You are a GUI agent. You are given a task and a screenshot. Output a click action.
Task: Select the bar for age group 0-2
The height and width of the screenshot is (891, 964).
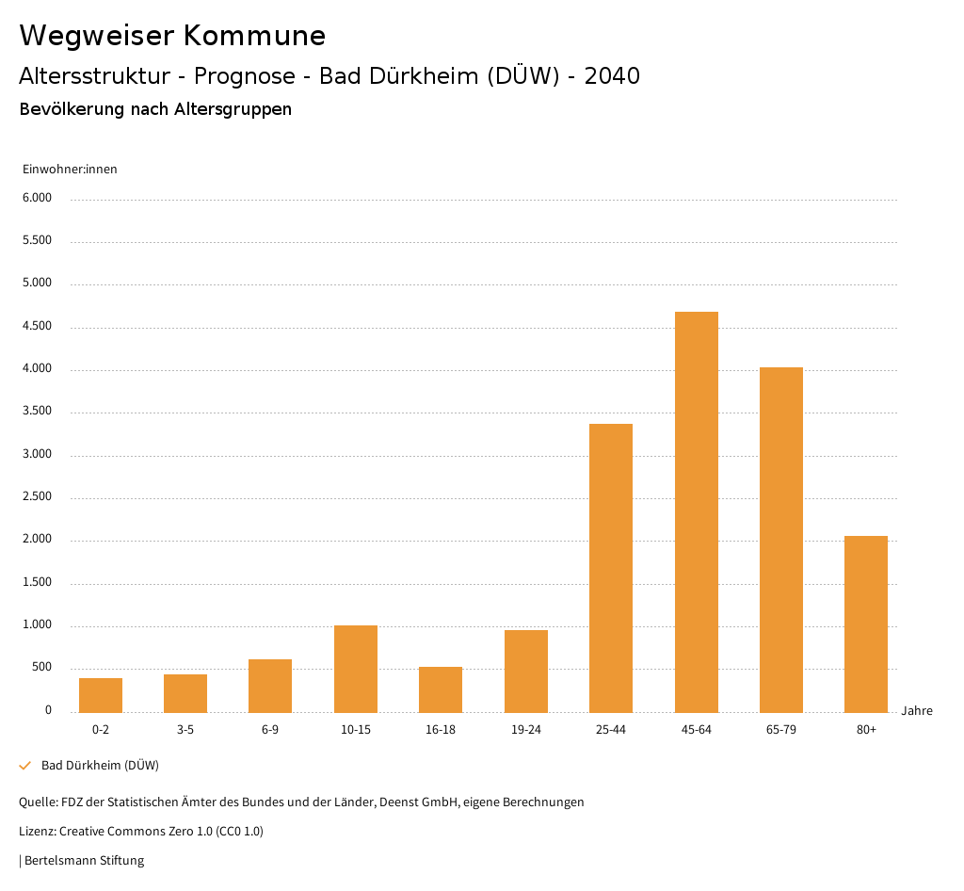[101, 695]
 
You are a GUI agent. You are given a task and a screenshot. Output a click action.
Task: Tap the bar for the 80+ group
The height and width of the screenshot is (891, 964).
[866, 624]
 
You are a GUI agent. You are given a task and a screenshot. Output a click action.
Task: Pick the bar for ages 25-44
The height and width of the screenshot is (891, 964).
[611, 568]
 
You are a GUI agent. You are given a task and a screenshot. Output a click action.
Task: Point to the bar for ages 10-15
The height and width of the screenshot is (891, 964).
[356, 669]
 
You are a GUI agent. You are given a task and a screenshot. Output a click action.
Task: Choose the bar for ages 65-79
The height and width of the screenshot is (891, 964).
[781, 540]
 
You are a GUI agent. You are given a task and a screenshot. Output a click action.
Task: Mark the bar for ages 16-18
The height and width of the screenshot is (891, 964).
[441, 689]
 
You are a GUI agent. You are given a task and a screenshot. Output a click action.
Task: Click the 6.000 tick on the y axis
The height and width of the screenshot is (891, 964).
[38, 199]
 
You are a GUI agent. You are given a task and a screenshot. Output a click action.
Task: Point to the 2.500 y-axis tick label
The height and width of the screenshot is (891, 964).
[38, 497]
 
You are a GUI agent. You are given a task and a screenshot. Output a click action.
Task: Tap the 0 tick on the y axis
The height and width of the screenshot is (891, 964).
[48, 711]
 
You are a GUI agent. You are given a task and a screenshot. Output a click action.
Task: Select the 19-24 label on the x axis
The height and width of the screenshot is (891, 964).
[525, 730]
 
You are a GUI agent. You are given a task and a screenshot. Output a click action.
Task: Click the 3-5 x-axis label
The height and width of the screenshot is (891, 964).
[185, 730]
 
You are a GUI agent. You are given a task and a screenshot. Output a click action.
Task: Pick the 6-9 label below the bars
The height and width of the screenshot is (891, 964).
[270, 730]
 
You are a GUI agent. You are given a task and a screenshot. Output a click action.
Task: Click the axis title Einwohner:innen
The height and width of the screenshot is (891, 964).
[70, 170]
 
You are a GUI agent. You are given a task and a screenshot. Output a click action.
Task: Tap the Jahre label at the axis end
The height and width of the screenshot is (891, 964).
[916, 711]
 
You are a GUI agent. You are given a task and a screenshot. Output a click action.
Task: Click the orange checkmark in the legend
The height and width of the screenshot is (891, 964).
[25, 766]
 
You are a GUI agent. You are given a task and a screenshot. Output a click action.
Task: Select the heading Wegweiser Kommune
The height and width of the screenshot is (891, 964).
[172, 36]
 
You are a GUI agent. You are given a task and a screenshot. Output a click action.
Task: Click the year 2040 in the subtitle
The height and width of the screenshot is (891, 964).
[612, 76]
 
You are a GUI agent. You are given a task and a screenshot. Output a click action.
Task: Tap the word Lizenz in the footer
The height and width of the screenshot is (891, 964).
[36, 832]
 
